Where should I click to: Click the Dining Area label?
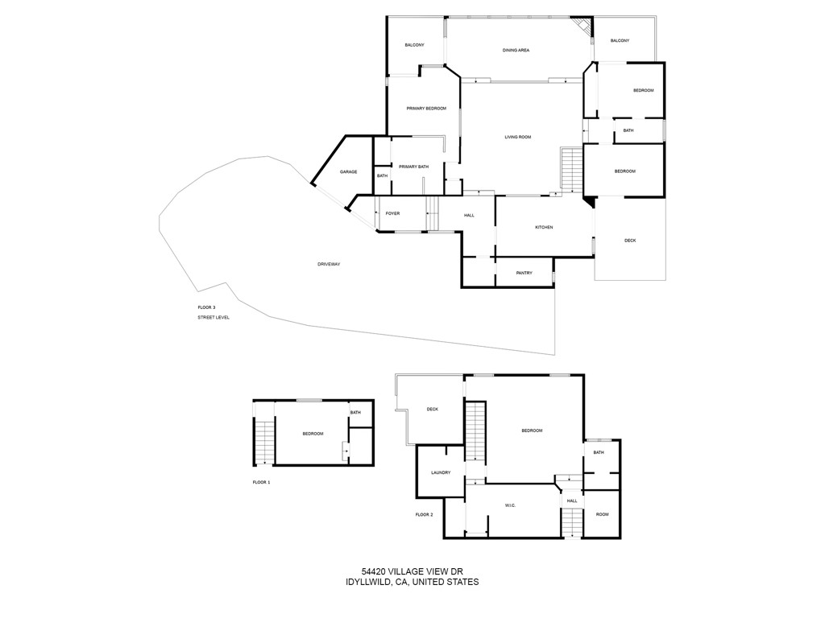pos(516,51)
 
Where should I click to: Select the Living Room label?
pos(518,138)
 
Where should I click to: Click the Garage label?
pos(348,172)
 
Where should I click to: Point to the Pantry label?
pos(524,274)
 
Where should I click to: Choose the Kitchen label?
pos(544,228)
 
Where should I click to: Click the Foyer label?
pos(392,214)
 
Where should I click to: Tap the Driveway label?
pos(329,264)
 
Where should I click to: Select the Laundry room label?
pos(441,472)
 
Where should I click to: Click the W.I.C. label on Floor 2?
pos(510,505)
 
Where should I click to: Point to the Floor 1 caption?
pos(262,482)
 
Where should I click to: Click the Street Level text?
pos(214,318)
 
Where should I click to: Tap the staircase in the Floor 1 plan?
pos(264,443)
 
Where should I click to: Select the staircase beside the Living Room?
pos(570,170)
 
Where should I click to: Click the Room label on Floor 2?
pos(602,514)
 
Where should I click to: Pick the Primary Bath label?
pos(413,167)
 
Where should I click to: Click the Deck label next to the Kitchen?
pos(630,240)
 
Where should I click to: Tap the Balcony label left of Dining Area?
pos(414,45)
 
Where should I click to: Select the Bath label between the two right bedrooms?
pos(628,130)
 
